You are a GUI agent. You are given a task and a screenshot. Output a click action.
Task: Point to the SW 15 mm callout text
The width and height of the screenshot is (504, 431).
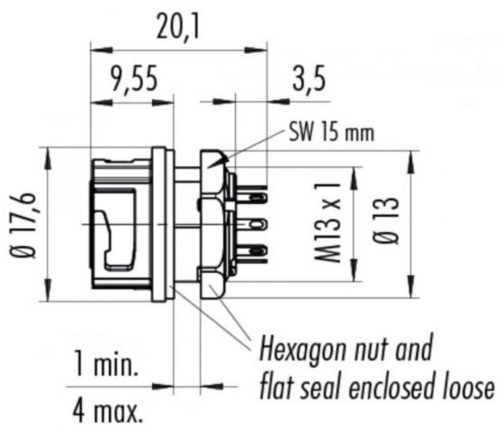point(332,134)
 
